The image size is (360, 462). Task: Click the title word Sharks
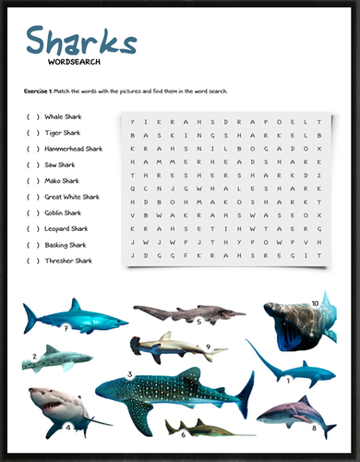click(x=82, y=43)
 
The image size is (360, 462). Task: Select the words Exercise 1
click(x=39, y=91)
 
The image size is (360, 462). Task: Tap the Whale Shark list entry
click(x=66, y=116)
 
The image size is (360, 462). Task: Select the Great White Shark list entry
click(x=74, y=197)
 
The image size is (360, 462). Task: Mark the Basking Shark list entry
click(x=66, y=245)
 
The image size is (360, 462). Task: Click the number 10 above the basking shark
click(x=315, y=302)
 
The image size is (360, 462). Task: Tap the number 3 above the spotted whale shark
click(x=130, y=374)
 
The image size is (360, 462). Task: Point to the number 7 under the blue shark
click(x=66, y=328)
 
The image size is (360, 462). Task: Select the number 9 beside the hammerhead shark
click(x=210, y=347)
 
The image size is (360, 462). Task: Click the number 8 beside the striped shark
click(x=315, y=428)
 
